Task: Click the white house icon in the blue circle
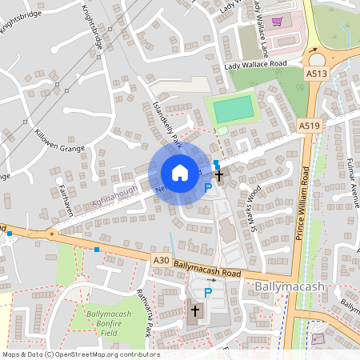pyautogui.click(x=180, y=173)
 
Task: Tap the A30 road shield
pyautogui.click(x=161, y=259)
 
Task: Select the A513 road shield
pyautogui.click(x=317, y=73)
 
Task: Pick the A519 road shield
pyautogui.click(x=310, y=126)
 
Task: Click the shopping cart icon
pyautogui.click(x=278, y=22)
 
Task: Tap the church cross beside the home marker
pyautogui.click(x=219, y=173)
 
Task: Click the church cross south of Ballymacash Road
pyautogui.click(x=194, y=311)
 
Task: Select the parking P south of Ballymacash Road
pyautogui.click(x=208, y=293)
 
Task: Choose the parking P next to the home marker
pyautogui.click(x=208, y=188)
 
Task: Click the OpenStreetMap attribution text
pyautogui.click(x=80, y=354)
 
